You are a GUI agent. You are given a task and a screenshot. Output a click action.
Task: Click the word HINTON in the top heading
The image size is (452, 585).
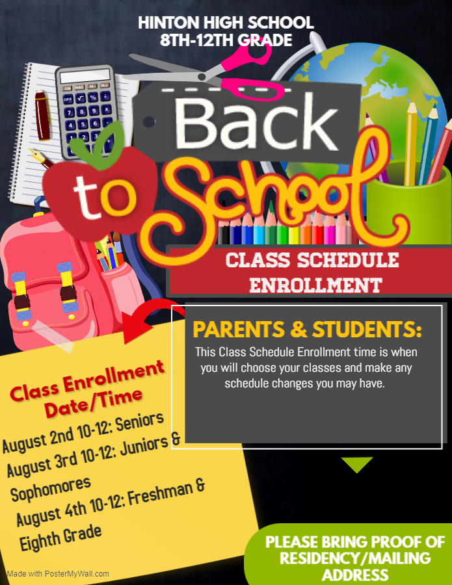coord(168,23)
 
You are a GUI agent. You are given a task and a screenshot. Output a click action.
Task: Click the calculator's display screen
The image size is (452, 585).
coord(85,76)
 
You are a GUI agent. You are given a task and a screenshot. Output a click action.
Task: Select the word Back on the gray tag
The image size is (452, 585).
coord(256,123)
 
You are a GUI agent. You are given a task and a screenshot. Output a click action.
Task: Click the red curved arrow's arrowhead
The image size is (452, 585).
coord(136,327)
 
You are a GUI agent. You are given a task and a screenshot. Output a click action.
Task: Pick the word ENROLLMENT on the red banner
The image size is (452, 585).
coord(316,286)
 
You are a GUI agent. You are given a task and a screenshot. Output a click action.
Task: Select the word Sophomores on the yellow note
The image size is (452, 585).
coord(51,489)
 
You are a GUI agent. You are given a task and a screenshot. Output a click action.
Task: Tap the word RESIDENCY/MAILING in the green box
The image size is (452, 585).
coord(355,558)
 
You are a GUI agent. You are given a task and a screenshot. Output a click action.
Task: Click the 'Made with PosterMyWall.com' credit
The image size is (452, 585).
coord(58,574)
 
